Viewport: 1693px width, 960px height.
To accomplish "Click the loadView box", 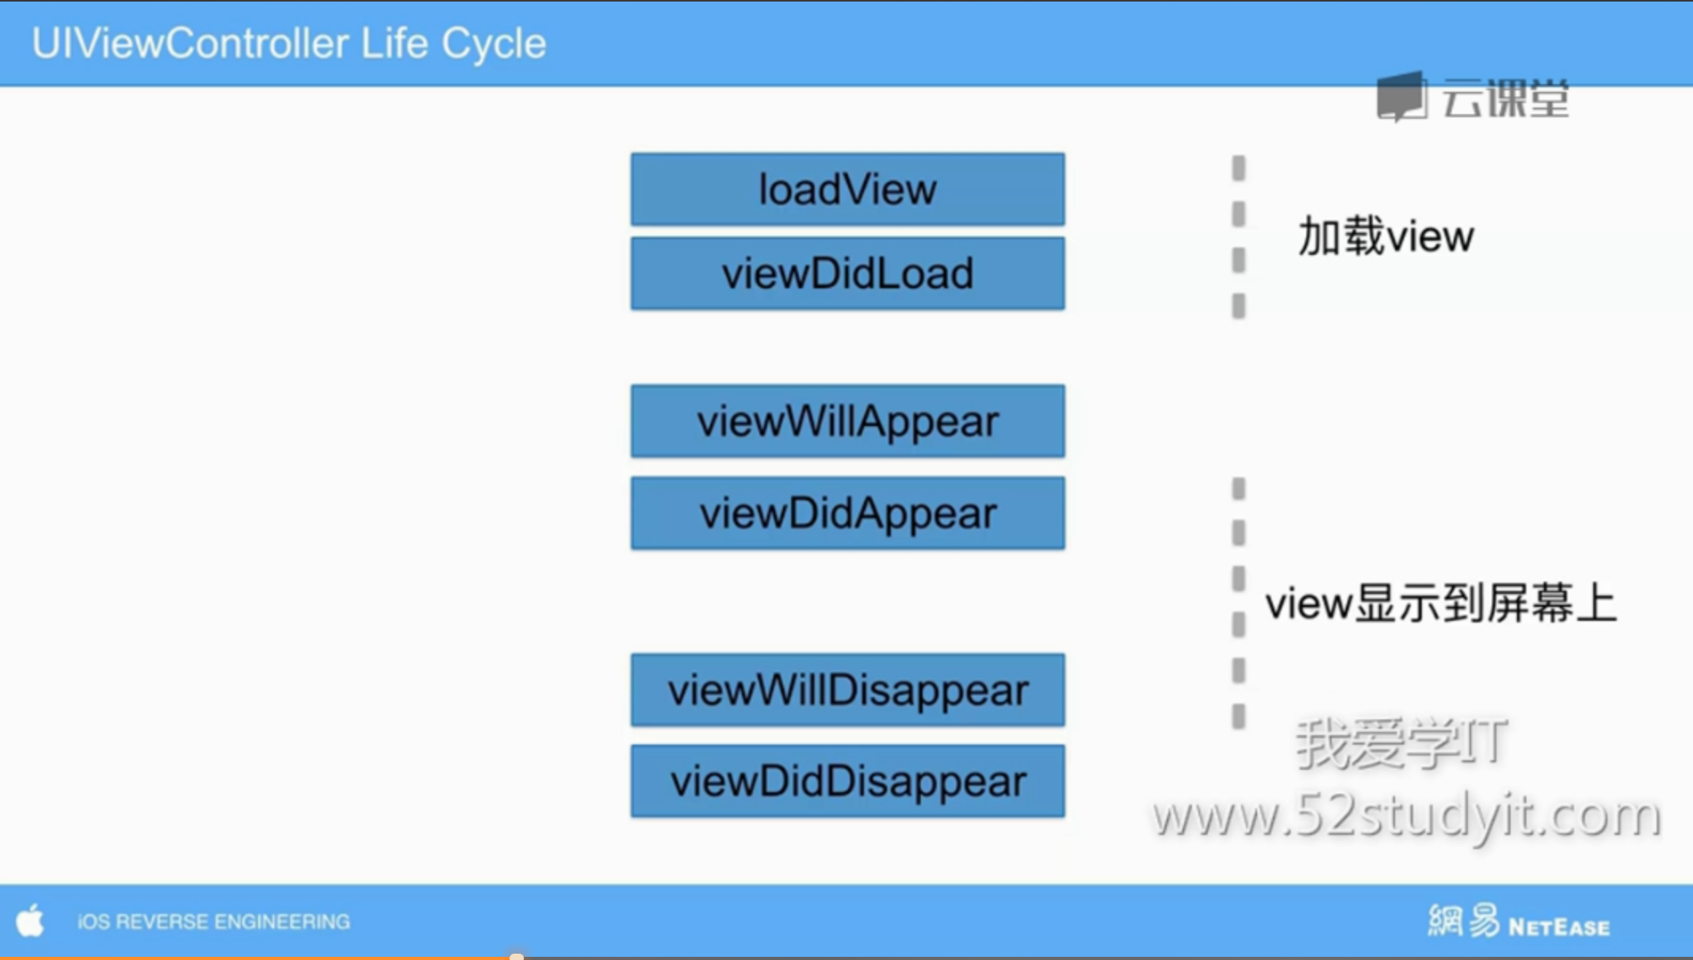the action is tap(847, 189).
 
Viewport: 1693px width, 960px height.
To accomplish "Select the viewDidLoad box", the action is tap(847, 273).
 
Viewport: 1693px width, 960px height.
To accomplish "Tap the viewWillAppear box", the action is tap(847, 421).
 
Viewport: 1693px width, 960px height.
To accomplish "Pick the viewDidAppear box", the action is tap(847, 512).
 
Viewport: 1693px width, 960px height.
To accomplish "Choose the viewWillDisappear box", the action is tap(847, 690).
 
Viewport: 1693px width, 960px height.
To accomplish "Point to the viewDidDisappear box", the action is tap(847, 781).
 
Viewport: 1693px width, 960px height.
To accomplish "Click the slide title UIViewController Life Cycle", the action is tap(289, 44).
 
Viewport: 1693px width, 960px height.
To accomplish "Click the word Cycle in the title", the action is tap(494, 44).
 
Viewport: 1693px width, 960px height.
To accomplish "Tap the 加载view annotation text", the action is tap(1385, 236).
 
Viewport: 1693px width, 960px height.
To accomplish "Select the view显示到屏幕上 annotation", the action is tap(1440, 604).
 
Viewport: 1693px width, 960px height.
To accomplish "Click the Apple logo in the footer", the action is tap(30, 920).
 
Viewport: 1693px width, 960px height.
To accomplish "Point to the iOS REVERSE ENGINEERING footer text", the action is tap(213, 922).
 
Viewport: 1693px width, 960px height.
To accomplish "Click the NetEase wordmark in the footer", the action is tap(1559, 927).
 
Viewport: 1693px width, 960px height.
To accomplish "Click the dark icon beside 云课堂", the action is tap(1401, 97).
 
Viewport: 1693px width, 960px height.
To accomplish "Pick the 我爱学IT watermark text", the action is tap(1401, 743).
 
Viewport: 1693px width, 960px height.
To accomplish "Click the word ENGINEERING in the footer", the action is tap(281, 922).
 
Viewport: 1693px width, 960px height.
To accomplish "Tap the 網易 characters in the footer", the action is tap(1464, 920).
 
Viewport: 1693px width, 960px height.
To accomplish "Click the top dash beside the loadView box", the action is tap(1238, 168).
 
